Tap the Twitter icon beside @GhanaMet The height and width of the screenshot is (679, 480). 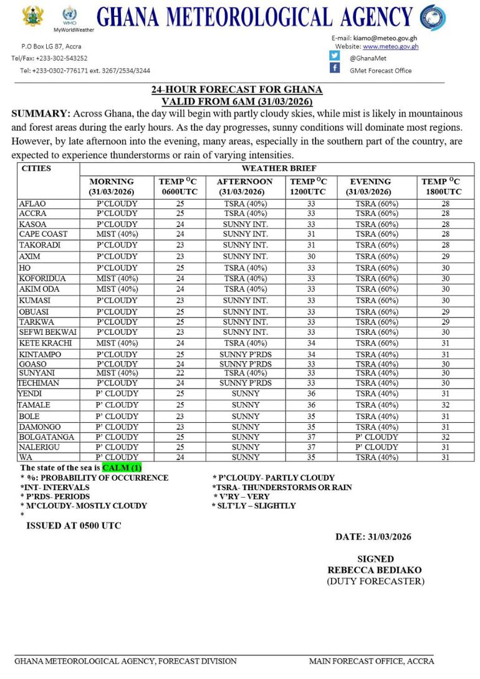coord(335,55)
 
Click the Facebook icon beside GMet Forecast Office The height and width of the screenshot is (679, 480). coord(335,69)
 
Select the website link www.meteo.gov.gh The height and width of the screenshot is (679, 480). coord(390,46)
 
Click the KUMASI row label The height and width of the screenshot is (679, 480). coord(34,301)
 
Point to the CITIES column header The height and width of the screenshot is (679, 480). coord(36,168)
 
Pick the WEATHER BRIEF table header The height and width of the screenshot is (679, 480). coord(279,168)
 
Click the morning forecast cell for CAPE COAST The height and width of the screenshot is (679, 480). coord(117,234)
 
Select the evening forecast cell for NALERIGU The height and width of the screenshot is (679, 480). coord(377,447)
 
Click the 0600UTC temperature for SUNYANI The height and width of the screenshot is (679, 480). coord(180,373)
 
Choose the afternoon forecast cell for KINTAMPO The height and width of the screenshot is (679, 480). coord(246,354)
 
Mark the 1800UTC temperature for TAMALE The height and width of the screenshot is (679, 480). coord(446,405)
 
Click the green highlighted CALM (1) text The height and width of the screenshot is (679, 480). coord(122,468)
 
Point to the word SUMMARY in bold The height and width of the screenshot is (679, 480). coord(40,113)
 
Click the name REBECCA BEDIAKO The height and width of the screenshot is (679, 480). coord(375,570)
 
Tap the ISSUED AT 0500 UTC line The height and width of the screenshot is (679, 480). coord(74,526)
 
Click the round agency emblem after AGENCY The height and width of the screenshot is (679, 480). coord(433,17)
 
